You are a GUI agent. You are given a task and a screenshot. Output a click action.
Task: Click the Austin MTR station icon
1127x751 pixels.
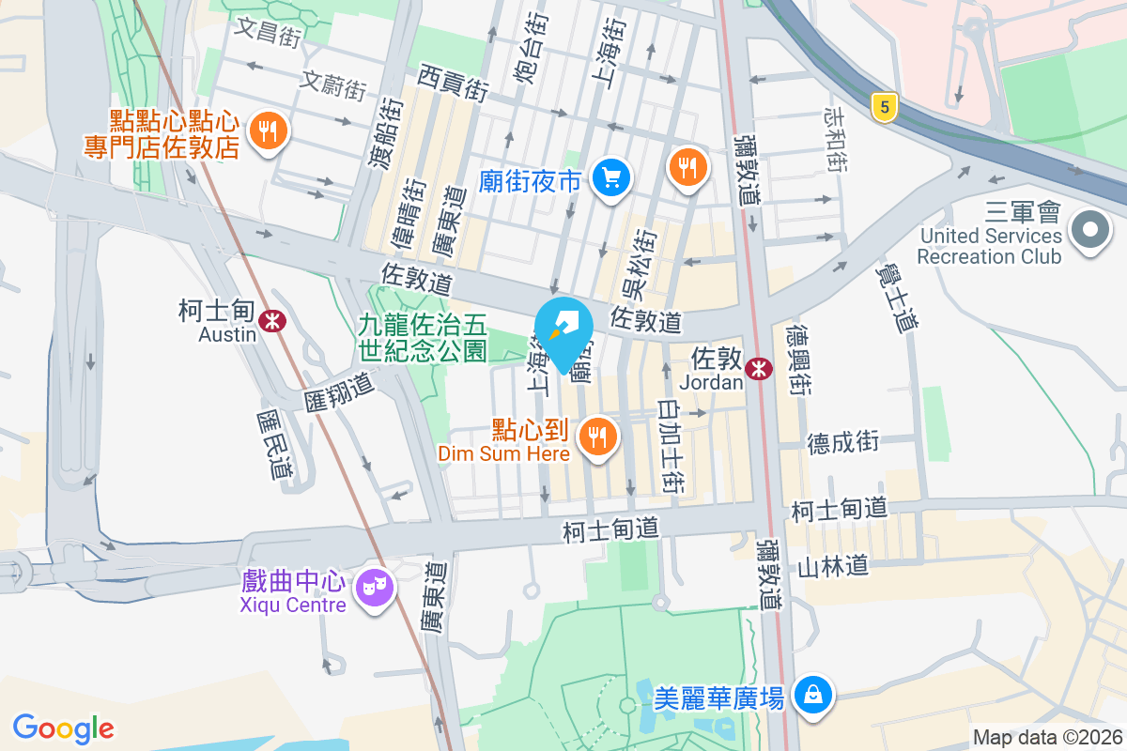point(273,321)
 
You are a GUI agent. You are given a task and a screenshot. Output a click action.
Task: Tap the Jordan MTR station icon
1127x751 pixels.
point(758,370)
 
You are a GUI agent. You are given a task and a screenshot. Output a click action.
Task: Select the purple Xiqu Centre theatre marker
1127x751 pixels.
point(374,589)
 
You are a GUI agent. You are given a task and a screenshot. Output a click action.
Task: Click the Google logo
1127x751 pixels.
point(63,728)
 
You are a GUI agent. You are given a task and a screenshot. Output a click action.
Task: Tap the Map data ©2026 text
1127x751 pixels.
point(1046,738)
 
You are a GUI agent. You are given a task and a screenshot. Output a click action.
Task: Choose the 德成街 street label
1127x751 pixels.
point(843,441)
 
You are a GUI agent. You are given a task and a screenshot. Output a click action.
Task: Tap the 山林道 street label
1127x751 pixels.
point(832,565)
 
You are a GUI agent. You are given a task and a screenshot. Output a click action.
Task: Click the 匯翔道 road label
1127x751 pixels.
point(339,391)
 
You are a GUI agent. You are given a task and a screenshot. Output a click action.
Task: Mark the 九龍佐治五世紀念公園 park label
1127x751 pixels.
point(423,338)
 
